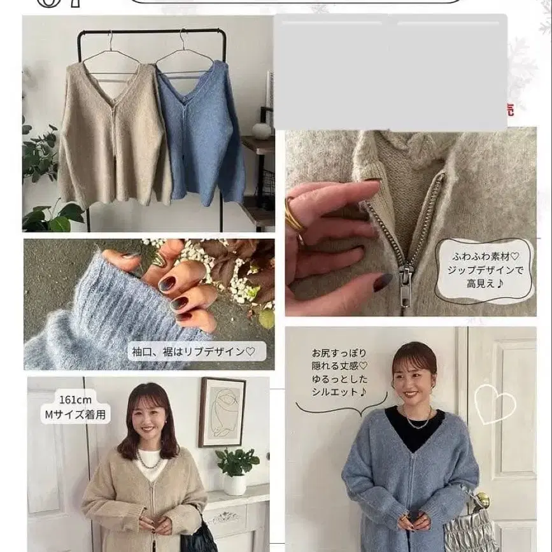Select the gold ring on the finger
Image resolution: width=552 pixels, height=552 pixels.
pyautogui.click(x=294, y=215)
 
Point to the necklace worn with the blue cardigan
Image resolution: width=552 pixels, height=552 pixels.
pyautogui.click(x=416, y=420)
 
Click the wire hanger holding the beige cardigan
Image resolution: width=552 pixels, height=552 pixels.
pyautogui.click(x=111, y=54)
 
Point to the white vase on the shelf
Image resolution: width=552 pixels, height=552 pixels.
pyautogui.click(x=261, y=131)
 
